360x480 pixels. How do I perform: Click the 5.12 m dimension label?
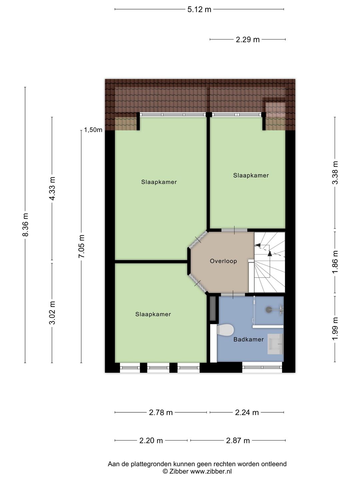pos(199,9)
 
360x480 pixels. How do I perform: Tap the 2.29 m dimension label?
pos(248,40)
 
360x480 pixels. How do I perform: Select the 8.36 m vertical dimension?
pos(25,224)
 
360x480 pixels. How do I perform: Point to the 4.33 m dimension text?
pos(52,189)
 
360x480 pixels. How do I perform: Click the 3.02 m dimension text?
pos(52,312)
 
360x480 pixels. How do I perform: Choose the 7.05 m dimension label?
pos(82,246)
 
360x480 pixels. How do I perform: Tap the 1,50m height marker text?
pos(93,130)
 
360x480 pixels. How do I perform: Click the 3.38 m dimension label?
pos(335,173)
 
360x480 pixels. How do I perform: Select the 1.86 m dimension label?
pos(335,262)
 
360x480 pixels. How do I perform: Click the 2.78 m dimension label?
pos(161,413)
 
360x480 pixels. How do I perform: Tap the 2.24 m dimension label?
pos(247,413)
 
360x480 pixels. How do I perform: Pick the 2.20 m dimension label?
pos(151,441)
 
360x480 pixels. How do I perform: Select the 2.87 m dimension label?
pos(238,441)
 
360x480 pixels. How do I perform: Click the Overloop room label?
pos(223,261)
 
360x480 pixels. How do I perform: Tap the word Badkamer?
pos(249,339)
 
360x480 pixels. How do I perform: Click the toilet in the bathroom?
pos(225,330)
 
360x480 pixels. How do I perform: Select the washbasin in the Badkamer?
pos(275,344)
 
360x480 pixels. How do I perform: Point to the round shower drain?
pos(268,309)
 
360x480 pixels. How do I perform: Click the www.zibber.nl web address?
pos(211,471)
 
